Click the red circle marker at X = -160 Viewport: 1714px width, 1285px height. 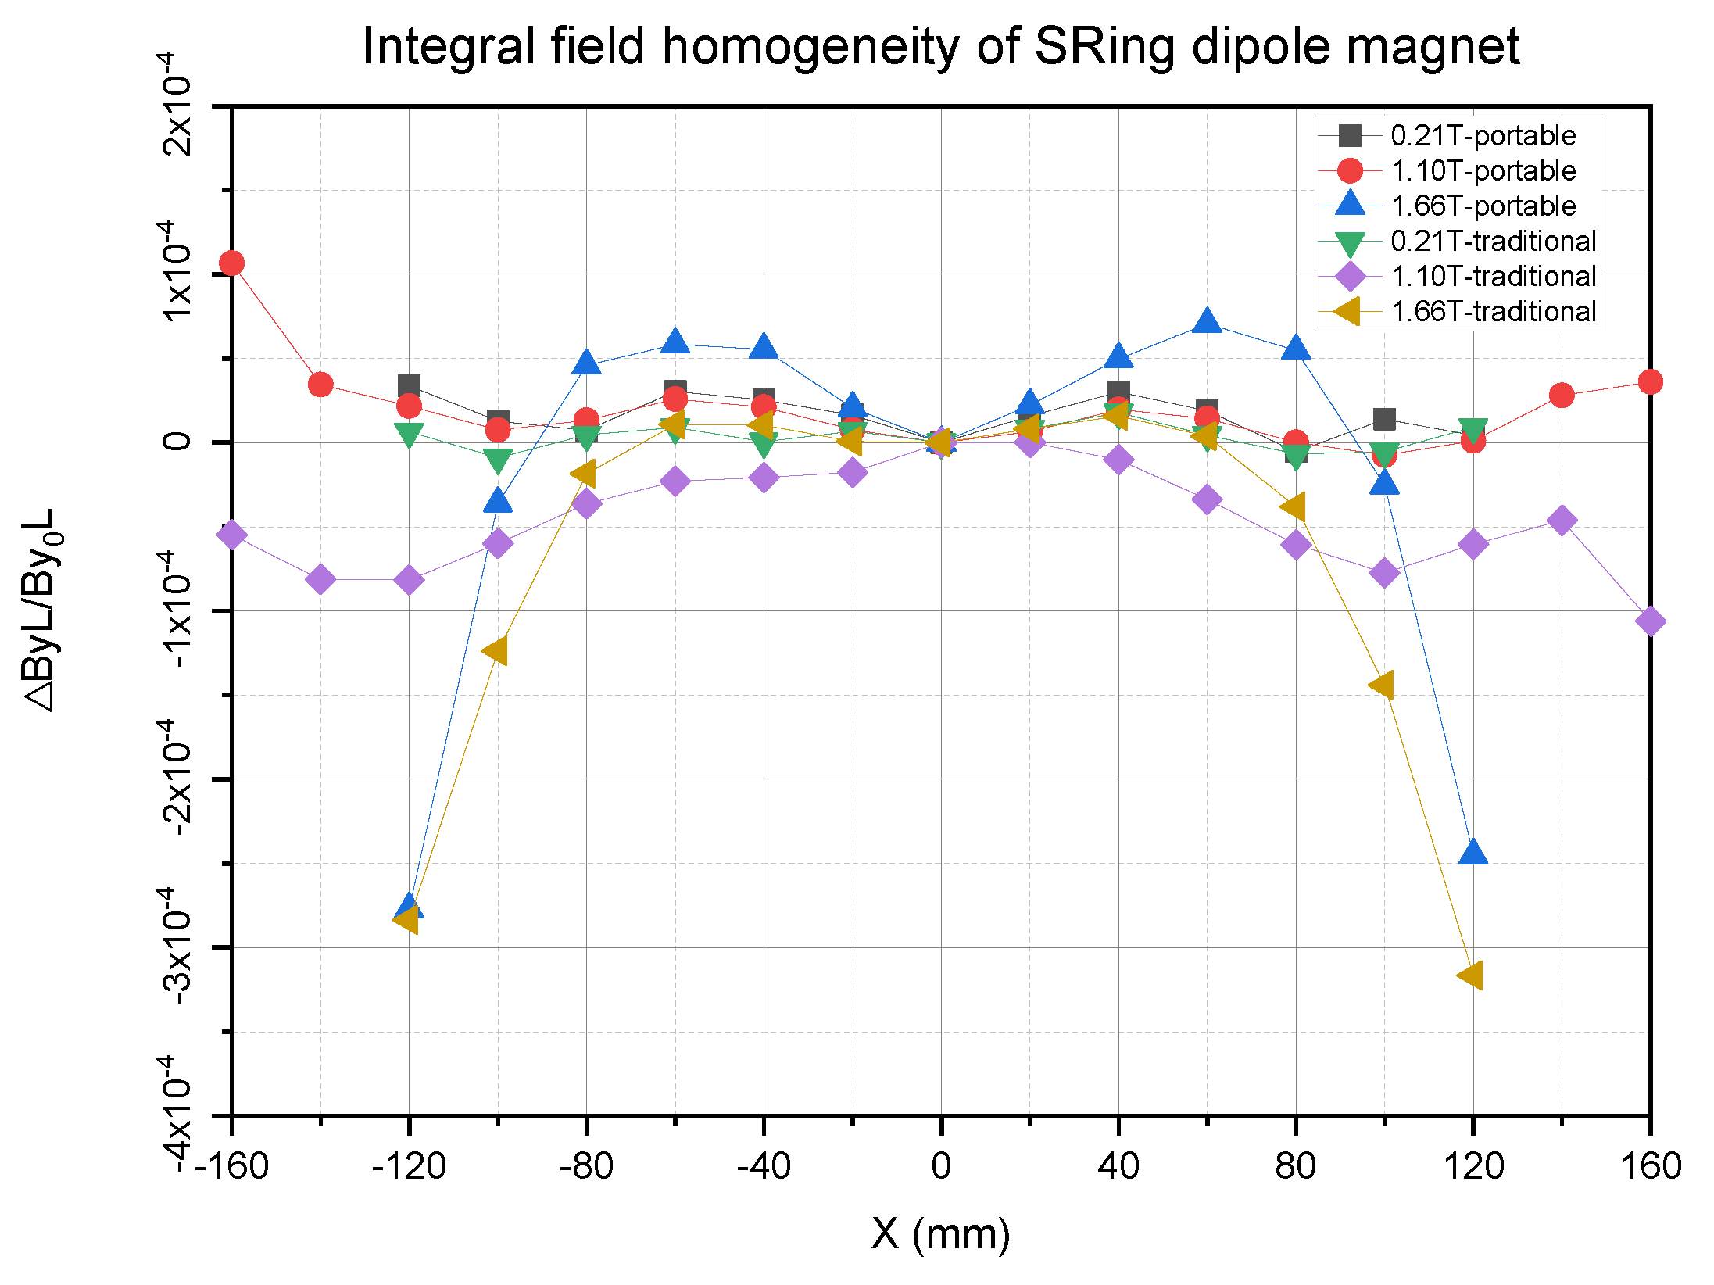point(231,263)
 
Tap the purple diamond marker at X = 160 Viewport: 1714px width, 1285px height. point(1650,621)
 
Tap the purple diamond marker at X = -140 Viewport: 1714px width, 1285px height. point(320,579)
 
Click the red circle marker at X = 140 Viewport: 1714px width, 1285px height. point(1561,396)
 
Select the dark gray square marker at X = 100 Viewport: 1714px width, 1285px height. point(1383,420)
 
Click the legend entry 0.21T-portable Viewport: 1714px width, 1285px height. point(1483,136)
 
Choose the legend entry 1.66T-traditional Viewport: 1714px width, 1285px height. point(1493,312)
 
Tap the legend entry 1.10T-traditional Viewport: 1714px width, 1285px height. point(1493,277)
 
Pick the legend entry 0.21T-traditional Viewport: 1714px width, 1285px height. point(1493,242)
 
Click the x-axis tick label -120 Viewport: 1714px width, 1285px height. point(408,1166)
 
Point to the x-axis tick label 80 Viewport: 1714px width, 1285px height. point(1295,1166)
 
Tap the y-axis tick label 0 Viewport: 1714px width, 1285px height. point(177,442)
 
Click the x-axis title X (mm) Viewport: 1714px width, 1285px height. point(940,1234)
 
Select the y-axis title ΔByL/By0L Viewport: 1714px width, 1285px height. point(41,610)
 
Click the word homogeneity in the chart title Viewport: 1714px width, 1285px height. point(810,47)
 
